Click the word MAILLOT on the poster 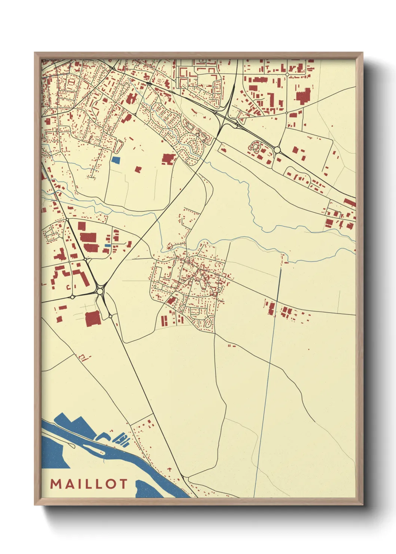point(89,484)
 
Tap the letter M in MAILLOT point(56,484)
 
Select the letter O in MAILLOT point(110,484)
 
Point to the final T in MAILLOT point(122,484)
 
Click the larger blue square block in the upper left point(116,160)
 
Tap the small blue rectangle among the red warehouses point(107,246)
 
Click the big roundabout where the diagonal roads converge point(100,291)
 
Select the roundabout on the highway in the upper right point(277,150)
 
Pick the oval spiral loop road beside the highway point(255,146)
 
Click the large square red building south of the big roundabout point(93,319)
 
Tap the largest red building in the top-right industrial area point(304,96)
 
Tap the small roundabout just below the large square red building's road point(110,316)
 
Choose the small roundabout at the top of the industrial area point(287,74)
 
